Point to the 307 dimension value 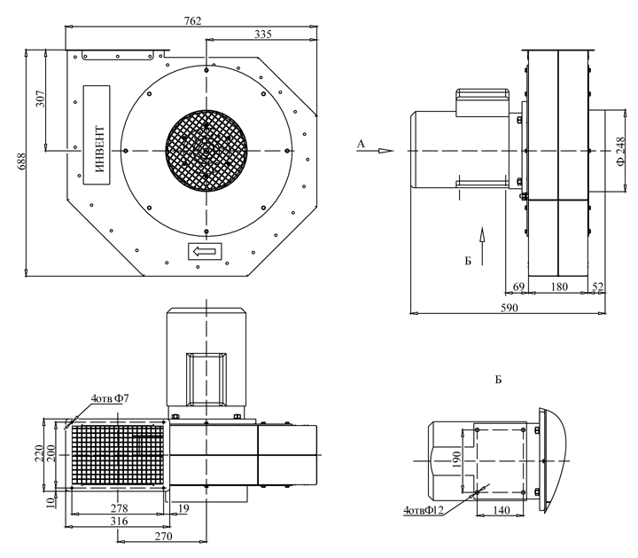pyautogui.click(x=42, y=98)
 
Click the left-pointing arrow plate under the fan pyautogui.click(x=206, y=253)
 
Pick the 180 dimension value pyautogui.click(x=559, y=287)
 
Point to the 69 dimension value pyautogui.click(x=518, y=287)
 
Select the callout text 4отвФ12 pyautogui.click(x=424, y=511)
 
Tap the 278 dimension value pyautogui.click(x=119, y=508)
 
